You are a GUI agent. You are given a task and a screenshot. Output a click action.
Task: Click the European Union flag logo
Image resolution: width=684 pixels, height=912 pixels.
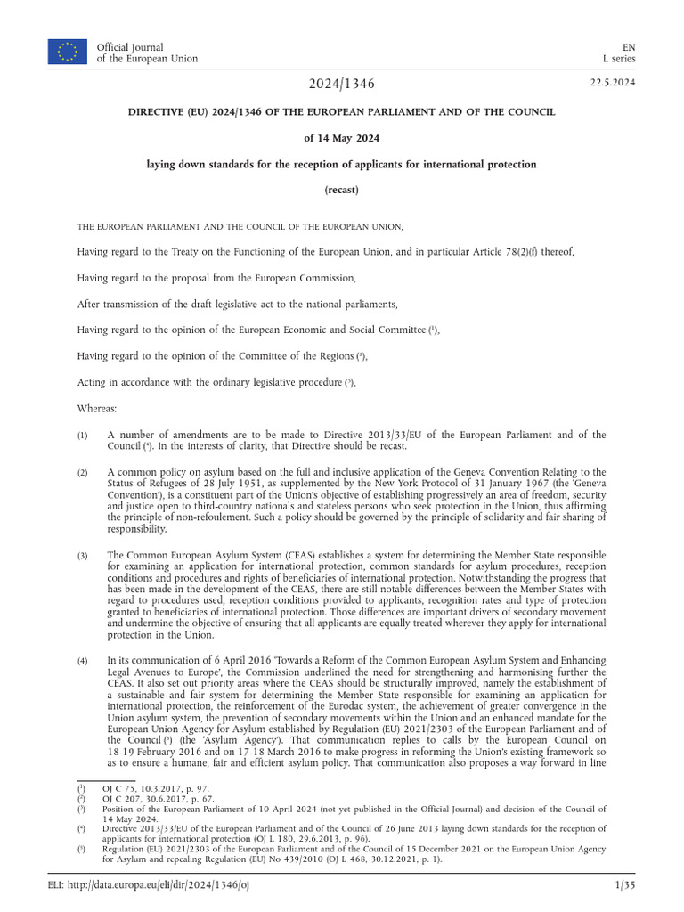click(x=68, y=52)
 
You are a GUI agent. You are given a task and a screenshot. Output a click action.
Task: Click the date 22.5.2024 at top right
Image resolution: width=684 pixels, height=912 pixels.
click(x=612, y=83)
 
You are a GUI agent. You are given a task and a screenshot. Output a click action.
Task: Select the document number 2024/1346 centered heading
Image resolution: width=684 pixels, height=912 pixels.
click(x=342, y=84)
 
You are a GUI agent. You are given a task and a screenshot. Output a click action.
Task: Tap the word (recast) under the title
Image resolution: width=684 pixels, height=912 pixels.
click(x=342, y=190)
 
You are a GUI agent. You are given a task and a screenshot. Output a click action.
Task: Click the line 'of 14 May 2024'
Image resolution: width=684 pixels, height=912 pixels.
click(x=342, y=138)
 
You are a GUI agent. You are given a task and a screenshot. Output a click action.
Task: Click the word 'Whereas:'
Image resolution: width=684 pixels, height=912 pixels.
click(x=97, y=407)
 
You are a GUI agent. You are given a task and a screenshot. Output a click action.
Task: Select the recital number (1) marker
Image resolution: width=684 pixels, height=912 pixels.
click(x=82, y=435)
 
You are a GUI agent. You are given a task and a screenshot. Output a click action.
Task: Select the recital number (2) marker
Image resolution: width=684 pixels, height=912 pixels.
click(x=82, y=472)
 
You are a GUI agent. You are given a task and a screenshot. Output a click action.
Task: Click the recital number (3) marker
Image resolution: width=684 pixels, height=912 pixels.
click(x=82, y=555)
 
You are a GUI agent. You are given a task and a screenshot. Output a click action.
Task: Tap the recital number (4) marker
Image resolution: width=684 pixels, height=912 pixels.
click(x=82, y=660)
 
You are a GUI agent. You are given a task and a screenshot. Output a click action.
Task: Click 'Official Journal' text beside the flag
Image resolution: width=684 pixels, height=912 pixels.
click(x=130, y=46)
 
